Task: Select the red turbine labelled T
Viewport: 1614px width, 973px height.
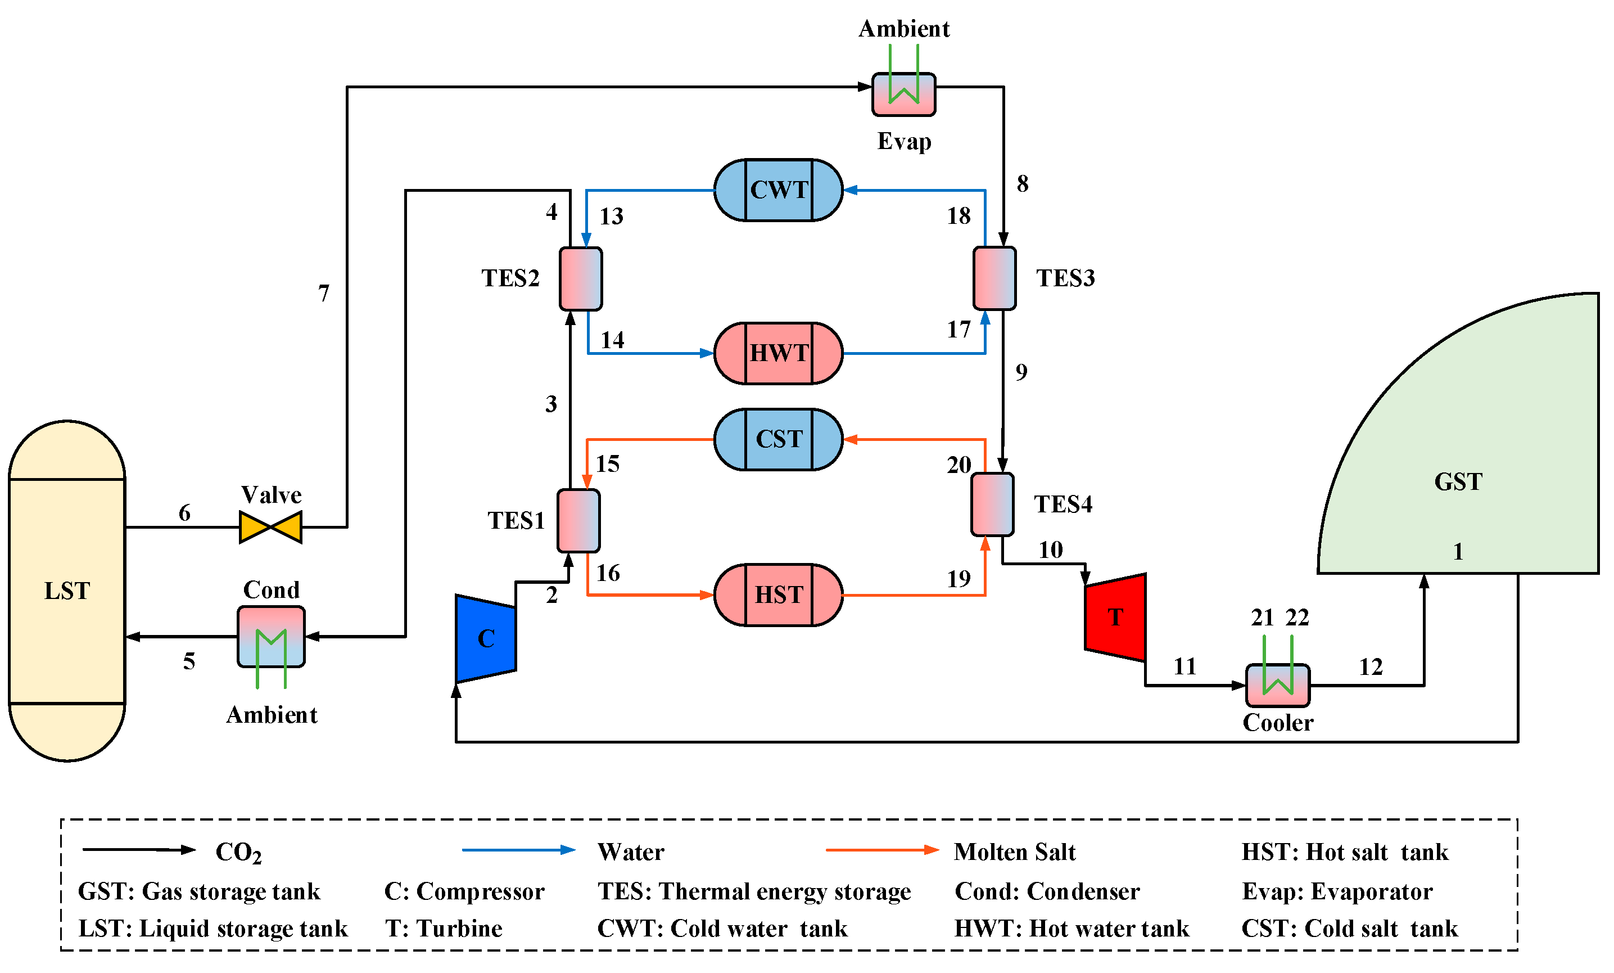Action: (1115, 617)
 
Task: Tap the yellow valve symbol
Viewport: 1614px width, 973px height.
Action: (270, 527)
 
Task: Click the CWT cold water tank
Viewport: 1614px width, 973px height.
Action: (778, 190)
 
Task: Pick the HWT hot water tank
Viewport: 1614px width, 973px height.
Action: (778, 353)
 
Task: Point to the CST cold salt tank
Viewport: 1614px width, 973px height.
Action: (778, 439)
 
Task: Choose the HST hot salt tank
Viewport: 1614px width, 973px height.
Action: (778, 595)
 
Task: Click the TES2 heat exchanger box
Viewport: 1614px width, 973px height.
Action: (580, 278)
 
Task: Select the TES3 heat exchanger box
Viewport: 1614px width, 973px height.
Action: (994, 278)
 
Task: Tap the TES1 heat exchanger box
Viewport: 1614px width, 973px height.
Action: (578, 520)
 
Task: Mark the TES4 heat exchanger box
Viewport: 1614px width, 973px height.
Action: (992, 504)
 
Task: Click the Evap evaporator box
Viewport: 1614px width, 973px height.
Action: (903, 94)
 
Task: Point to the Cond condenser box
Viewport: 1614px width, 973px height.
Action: (270, 636)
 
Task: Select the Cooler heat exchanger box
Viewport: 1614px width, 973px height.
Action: (1277, 686)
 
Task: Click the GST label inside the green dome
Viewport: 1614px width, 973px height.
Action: (1458, 481)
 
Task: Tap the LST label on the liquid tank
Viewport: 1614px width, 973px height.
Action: (67, 591)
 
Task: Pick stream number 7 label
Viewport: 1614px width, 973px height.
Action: (324, 293)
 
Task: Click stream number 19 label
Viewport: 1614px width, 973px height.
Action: (959, 579)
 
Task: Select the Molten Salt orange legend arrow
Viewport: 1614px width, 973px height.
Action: (881, 850)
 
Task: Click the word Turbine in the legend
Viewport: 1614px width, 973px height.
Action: (459, 929)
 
